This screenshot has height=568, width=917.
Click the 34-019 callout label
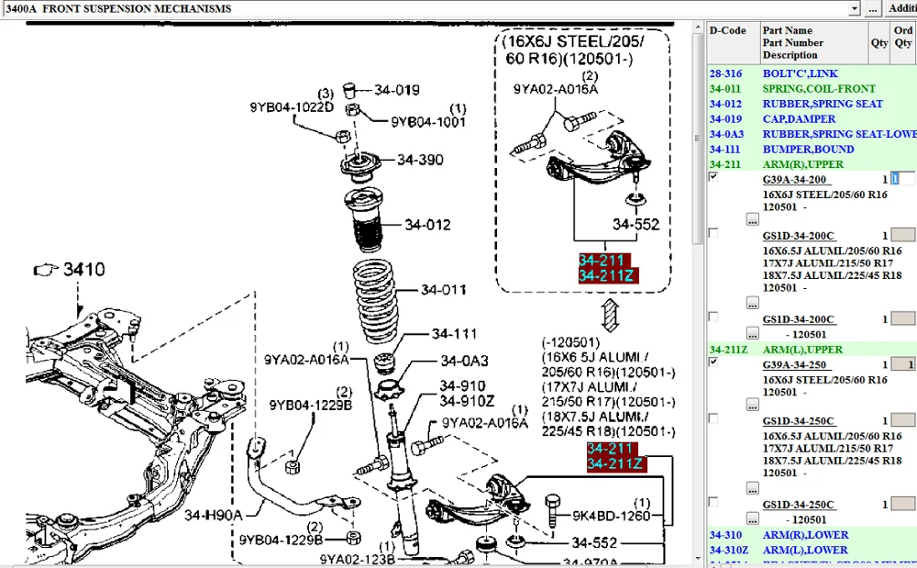396,90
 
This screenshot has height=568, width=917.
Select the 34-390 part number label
420,160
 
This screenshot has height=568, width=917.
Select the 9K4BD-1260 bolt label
611,516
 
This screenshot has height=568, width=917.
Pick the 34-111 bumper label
455,334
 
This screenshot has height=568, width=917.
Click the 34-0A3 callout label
464,361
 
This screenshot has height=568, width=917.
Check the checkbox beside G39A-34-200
713,177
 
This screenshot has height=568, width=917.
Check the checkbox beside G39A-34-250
713,362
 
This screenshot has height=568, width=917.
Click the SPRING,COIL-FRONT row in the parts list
806,89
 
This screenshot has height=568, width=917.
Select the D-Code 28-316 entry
725,73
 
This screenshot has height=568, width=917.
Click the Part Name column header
787,30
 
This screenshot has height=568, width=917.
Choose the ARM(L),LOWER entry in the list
805,550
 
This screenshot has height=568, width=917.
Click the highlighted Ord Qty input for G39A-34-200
902,180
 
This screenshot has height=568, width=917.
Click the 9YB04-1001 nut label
428,121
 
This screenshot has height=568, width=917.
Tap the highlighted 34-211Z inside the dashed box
608,275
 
